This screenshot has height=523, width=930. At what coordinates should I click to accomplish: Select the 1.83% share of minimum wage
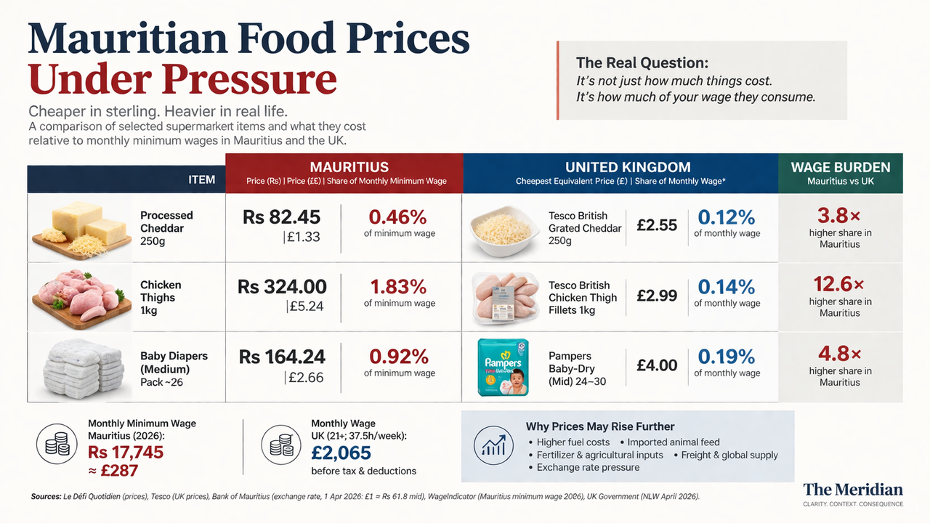[399, 286]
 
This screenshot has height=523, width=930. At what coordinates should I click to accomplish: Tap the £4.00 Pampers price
[657, 365]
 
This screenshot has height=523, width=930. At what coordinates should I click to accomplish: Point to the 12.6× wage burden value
[839, 284]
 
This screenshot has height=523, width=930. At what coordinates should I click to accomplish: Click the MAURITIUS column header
[349, 167]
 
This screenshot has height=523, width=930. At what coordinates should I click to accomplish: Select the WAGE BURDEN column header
[840, 167]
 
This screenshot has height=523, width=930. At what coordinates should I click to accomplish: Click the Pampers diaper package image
[503, 367]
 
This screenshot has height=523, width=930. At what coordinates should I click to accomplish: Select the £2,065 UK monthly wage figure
[341, 453]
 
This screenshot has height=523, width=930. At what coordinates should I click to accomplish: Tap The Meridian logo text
[853, 489]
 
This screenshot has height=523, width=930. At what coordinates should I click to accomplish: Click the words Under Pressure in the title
[182, 79]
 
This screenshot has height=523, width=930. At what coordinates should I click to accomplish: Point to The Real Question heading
[642, 63]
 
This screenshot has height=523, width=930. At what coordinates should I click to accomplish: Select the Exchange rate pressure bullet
[588, 467]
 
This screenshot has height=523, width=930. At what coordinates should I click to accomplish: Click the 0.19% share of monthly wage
[727, 357]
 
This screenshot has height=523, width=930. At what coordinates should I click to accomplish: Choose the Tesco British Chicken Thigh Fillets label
[583, 297]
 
